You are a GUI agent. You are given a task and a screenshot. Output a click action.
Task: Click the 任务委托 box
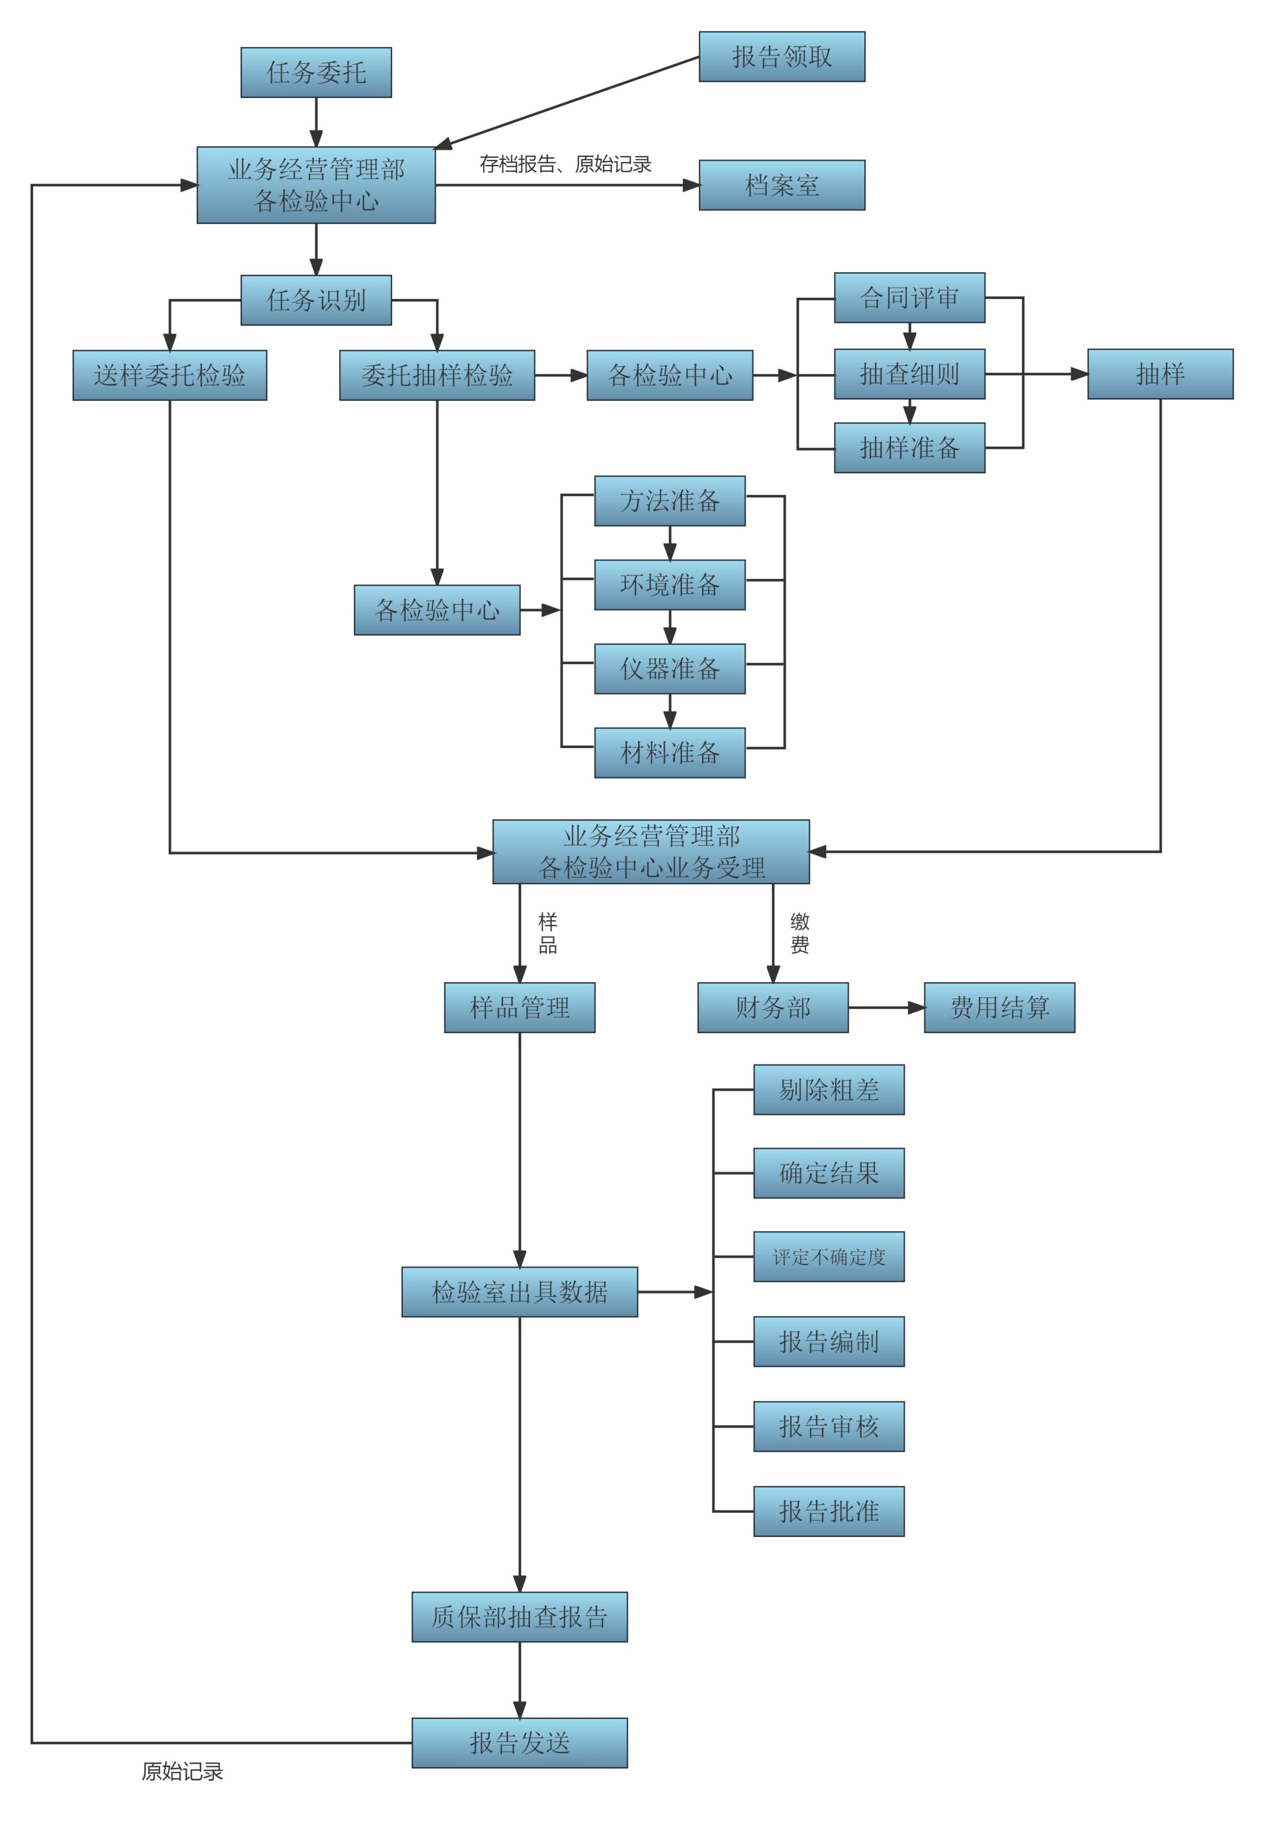coord(316,72)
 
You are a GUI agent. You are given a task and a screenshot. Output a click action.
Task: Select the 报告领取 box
coord(781,56)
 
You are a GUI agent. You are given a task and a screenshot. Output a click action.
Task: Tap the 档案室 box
coord(781,185)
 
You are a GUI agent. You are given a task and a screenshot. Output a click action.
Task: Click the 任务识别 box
coord(316,300)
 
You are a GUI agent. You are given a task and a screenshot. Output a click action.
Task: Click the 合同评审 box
coord(908,297)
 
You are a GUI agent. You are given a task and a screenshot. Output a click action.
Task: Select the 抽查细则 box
coord(908,373)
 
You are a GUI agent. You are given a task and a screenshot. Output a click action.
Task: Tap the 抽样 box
coord(1159,373)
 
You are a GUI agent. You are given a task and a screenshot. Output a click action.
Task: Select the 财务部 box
coord(772,1007)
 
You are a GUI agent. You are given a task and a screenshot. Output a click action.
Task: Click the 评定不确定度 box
coord(828,1256)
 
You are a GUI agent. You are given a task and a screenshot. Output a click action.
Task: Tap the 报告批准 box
coord(828,1511)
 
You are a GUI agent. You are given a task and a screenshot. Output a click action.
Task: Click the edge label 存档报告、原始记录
coord(565,164)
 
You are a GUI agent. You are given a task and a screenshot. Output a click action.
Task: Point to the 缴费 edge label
coord(799,933)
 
